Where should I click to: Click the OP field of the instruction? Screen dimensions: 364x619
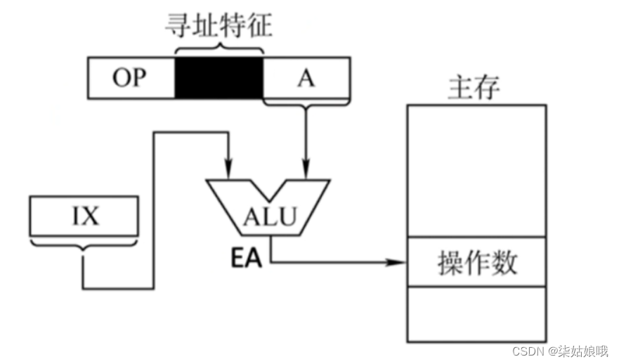pos(131,78)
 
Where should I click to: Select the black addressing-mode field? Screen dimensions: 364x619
pos(218,78)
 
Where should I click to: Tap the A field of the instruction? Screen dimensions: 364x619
pos(306,78)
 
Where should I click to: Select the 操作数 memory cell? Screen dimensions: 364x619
pos(476,262)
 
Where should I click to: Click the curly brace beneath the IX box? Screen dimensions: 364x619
pos(84,247)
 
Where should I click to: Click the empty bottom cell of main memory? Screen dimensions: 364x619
pos(476,313)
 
